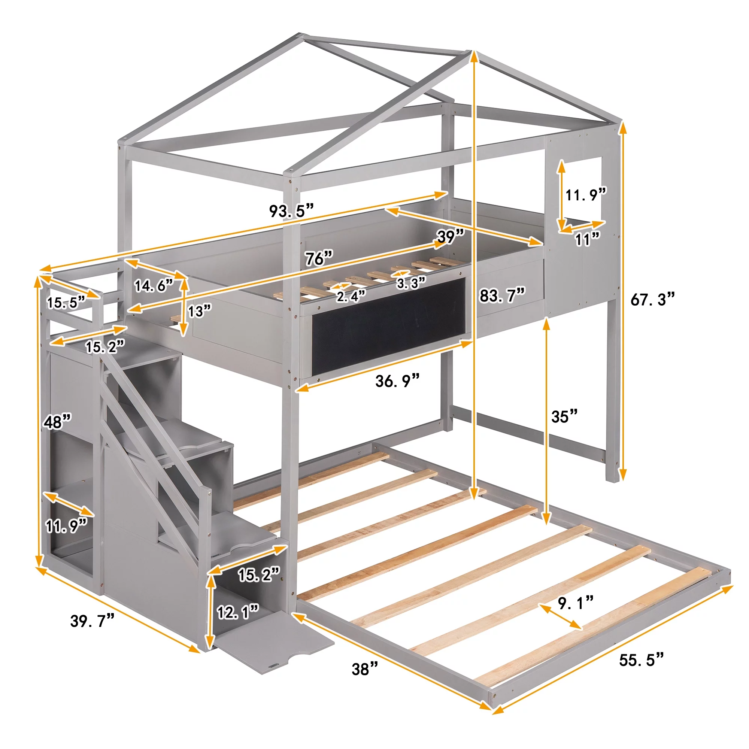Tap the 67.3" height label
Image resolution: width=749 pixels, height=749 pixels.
click(x=653, y=299)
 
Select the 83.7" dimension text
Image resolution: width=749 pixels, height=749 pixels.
click(x=503, y=295)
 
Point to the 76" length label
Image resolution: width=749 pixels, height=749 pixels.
click(x=319, y=258)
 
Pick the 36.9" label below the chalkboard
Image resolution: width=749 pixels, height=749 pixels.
click(x=397, y=381)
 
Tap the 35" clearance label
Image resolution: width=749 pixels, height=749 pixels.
click(x=564, y=416)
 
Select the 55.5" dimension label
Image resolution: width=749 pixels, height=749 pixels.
click(x=642, y=659)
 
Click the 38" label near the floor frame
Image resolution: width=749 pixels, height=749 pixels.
click(x=365, y=669)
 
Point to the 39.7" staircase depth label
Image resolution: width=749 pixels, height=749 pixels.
click(x=92, y=620)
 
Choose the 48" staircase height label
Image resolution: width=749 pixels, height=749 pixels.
click(x=57, y=421)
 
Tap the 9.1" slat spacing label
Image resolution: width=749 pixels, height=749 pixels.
click(x=576, y=603)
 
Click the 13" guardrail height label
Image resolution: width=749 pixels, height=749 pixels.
click(x=200, y=310)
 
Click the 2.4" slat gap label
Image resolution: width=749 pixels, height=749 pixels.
click(x=351, y=296)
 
